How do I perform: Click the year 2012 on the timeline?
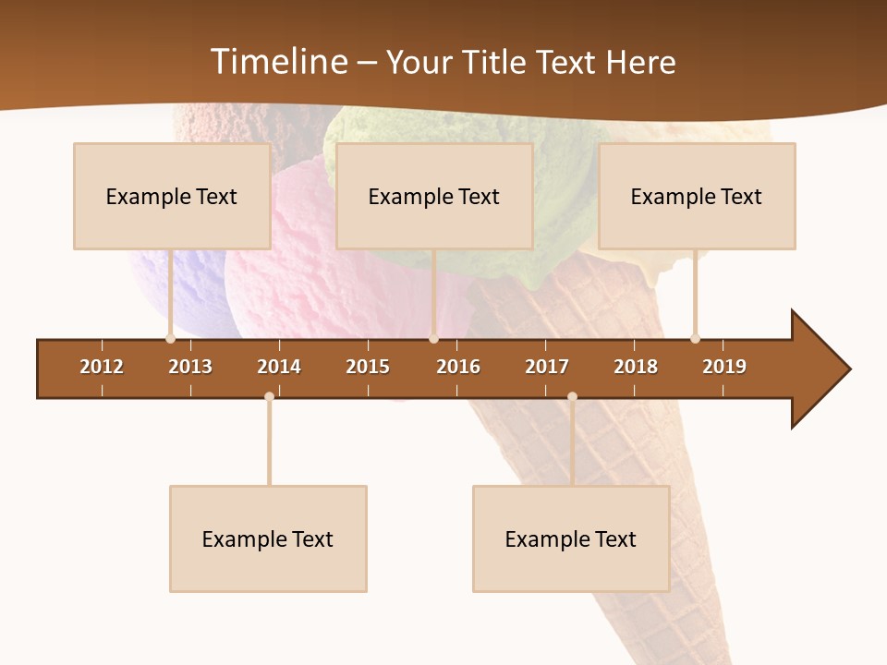coord(102,367)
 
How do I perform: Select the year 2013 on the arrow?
coord(190,367)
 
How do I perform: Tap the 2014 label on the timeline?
coord(279,367)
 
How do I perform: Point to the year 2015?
coord(368,367)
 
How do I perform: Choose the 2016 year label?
coord(458,367)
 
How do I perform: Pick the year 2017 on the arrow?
coord(547,367)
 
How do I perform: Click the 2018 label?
coord(636,367)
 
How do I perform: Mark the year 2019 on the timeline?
coord(724,367)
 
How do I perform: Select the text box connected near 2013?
coord(172,196)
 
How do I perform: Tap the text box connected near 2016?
coord(434,196)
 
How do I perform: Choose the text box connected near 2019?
coord(697,196)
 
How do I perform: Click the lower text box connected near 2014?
coord(268,538)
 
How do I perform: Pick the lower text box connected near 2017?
coord(571,538)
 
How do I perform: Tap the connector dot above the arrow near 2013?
coord(170,339)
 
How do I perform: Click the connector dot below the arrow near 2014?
coord(269,396)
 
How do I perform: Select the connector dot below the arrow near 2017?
coord(572,396)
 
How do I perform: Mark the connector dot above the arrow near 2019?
coord(695,339)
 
